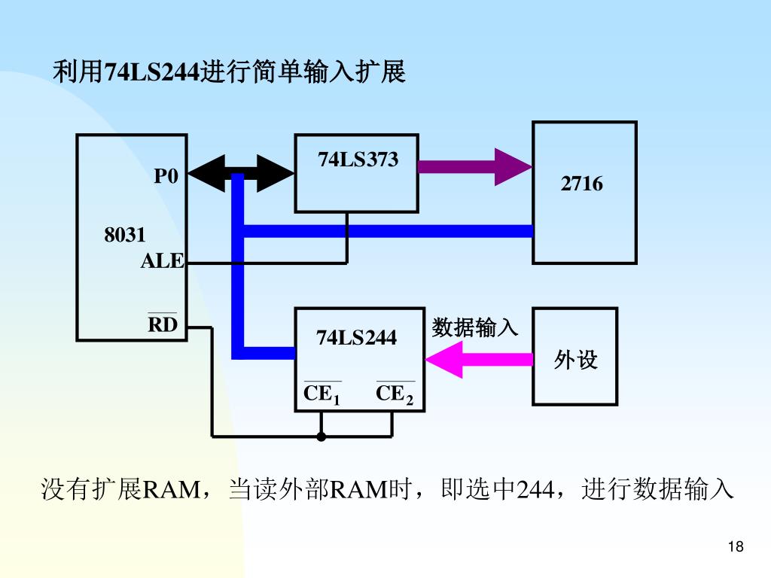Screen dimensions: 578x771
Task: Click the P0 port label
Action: [x=166, y=176]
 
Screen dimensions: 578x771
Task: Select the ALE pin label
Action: [x=162, y=261]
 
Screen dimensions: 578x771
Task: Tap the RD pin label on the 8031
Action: [x=163, y=324]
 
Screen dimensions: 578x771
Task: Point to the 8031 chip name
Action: [x=125, y=235]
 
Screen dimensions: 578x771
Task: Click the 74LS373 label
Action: [x=358, y=160]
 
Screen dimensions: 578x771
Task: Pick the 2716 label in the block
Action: [x=581, y=184]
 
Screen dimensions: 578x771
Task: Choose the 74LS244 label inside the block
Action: [x=356, y=338]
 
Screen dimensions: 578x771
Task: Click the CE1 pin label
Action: [x=322, y=394]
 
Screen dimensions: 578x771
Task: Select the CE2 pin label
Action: [x=395, y=394]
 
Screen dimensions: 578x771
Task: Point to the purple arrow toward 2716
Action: [x=474, y=166]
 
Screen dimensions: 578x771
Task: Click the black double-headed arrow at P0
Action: [x=240, y=175]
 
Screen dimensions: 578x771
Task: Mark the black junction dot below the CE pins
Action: [x=322, y=437]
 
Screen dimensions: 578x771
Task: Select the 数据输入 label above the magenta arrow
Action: [x=475, y=327]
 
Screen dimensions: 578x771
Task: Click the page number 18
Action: [x=736, y=547]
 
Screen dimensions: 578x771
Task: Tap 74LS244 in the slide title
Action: [x=152, y=72]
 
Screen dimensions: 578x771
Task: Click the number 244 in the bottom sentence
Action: [x=532, y=490]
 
